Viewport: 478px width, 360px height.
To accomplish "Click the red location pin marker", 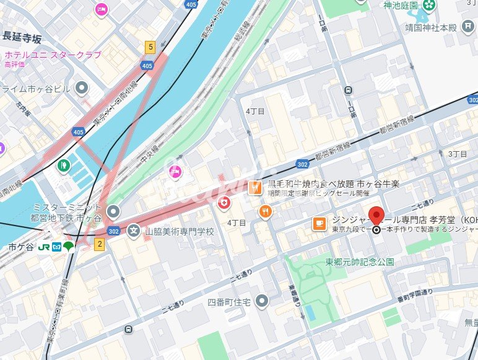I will click(x=376, y=217).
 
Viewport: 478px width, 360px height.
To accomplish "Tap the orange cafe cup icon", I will click(x=318, y=223).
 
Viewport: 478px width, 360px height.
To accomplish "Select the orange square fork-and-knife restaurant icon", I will click(x=254, y=188).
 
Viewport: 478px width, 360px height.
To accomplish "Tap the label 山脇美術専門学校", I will click(x=179, y=232).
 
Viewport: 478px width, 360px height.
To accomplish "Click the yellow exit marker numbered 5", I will click(x=149, y=46).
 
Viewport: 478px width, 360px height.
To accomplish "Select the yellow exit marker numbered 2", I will click(x=99, y=244).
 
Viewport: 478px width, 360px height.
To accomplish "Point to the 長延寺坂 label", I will click(x=22, y=38).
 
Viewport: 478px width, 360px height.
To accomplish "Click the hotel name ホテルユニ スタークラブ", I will click(x=53, y=55).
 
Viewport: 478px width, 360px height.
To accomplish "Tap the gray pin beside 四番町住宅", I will click(x=263, y=301).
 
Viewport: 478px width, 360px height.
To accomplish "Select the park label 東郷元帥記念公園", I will click(x=359, y=262).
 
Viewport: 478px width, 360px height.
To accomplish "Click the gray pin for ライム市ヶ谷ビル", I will click(x=82, y=89).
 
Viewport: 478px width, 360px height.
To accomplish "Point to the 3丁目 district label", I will click(x=457, y=153).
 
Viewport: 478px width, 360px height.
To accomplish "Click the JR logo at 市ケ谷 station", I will click(x=44, y=247).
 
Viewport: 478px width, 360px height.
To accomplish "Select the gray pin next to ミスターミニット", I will click(x=113, y=212).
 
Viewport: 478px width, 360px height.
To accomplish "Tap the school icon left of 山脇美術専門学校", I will click(x=133, y=232).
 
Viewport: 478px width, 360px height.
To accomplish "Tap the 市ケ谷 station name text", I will click(x=20, y=247).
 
